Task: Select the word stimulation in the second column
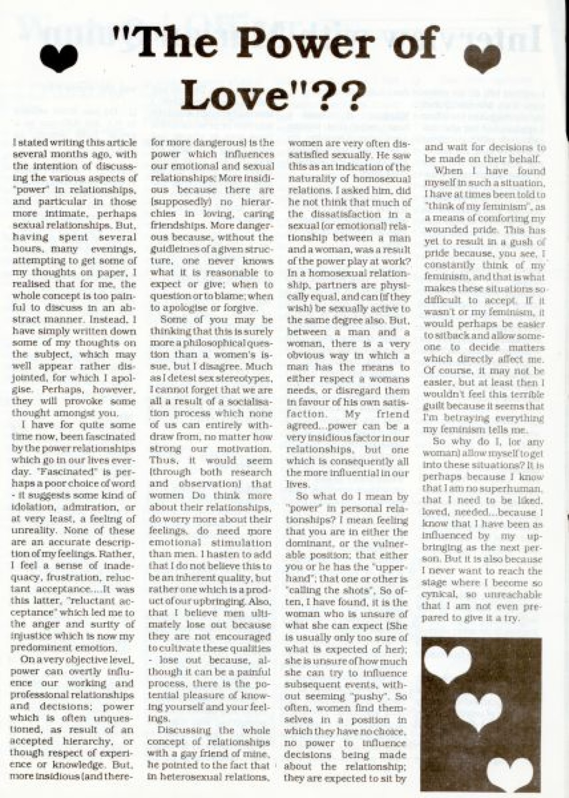(245, 542)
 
